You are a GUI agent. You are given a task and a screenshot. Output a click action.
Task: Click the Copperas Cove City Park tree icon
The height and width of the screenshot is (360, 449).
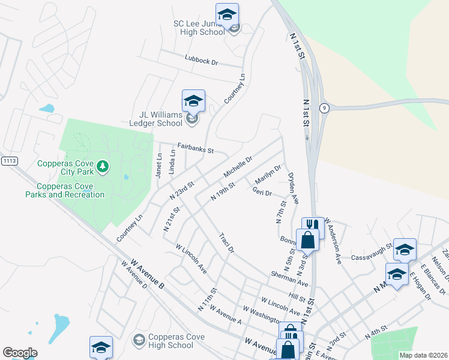tap(103, 166)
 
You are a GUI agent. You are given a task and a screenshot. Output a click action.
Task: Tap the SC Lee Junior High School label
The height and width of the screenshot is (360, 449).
tap(199, 28)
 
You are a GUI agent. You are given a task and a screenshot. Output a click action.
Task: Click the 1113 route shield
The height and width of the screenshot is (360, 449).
tap(9, 161)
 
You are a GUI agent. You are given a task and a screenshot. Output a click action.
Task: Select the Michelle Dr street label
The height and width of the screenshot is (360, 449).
tap(238, 167)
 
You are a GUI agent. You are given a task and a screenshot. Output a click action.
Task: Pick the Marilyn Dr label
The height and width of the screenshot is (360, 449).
tap(268, 175)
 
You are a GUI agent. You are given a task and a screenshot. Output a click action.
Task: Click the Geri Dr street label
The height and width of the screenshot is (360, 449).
tap(262, 193)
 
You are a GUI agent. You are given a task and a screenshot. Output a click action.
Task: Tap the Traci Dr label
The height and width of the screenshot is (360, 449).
tap(226, 242)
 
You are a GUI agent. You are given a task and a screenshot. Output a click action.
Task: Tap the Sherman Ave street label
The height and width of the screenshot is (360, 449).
tap(289, 277)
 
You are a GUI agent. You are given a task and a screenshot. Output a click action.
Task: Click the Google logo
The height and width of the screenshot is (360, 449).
tap(20, 353)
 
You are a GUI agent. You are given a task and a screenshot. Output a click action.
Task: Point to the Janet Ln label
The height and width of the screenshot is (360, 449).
tap(159, 164)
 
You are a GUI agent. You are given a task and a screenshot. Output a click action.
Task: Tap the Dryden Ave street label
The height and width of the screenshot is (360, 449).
tap(294, 190)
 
